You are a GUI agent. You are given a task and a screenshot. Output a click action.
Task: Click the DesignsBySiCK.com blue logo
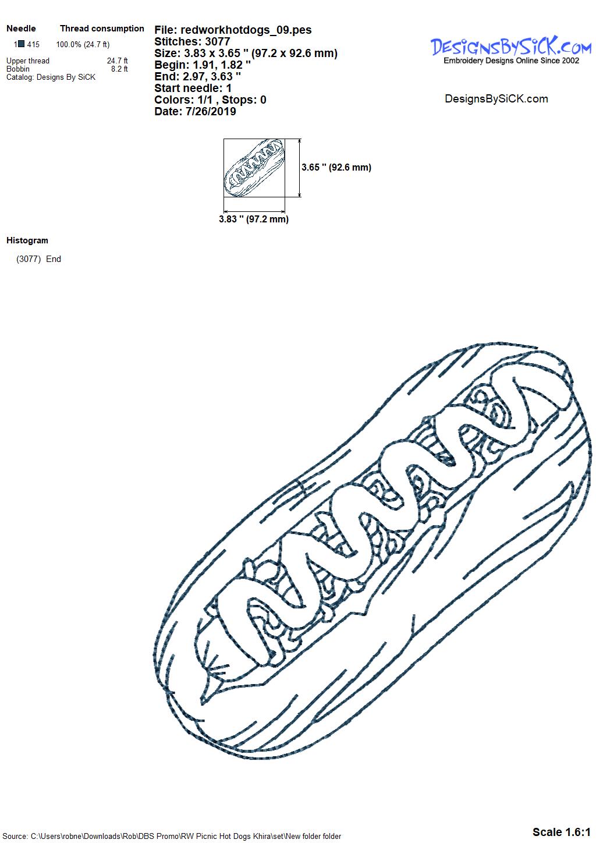(510, 51)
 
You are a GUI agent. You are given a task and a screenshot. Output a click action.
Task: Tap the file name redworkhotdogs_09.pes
(246, 30)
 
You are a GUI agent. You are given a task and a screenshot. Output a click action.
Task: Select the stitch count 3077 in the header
(218, 41)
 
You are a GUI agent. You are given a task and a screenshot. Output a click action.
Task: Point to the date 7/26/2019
(211, 111)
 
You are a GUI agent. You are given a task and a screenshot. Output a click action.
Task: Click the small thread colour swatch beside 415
(22, 44)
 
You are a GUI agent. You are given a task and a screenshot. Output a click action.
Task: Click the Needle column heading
(21, 29)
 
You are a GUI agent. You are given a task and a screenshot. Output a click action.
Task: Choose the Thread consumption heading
(102, 29)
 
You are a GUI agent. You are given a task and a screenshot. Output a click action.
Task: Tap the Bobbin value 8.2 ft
(120, 69)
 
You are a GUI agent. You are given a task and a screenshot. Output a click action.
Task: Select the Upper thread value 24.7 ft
(118, 61)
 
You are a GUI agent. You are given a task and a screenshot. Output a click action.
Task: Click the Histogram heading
(27, 240)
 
